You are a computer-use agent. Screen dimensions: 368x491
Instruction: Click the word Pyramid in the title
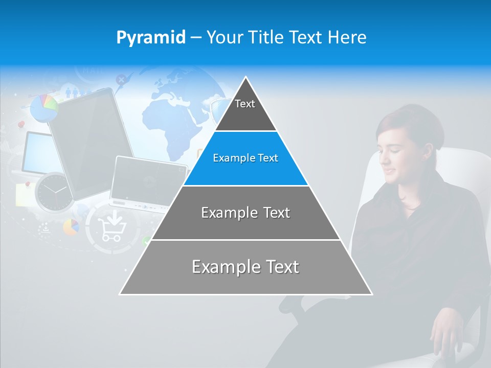[x=151, y=38]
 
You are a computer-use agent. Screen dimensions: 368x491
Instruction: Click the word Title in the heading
[x=266, y=38]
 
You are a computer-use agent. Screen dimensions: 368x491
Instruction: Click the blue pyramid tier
[x=245, y=158]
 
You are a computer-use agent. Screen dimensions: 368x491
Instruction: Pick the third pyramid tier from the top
[x=245, y=213]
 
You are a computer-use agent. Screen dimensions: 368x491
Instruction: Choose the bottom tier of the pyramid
[x=245, y=267]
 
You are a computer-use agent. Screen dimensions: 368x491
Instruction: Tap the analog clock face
[x=53, y=192]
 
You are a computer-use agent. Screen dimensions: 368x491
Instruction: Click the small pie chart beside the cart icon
[x=72, y=226]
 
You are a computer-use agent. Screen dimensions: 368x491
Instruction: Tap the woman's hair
[x=409, y=123]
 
